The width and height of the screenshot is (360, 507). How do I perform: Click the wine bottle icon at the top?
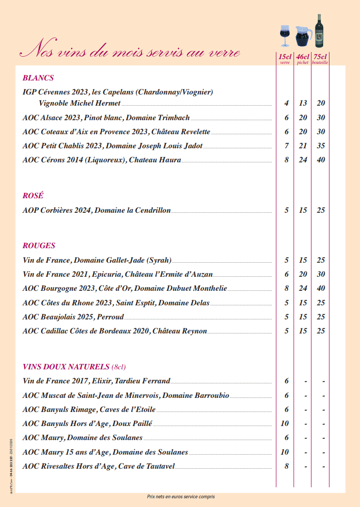[319, 31]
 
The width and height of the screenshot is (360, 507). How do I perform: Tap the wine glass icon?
[285, 35]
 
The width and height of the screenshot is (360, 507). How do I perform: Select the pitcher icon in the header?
[303, 36]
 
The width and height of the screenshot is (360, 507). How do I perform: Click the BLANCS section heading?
[38, 78]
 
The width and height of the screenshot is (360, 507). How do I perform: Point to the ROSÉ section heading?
[33, 196]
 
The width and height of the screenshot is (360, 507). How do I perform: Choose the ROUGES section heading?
[39, 246]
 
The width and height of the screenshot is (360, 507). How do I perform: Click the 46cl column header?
[303, 57]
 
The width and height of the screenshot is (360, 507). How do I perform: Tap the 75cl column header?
[320, 57]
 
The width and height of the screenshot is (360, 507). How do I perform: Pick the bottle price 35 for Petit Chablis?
[321, 146]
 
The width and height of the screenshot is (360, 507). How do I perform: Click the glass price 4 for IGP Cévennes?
[286, 103]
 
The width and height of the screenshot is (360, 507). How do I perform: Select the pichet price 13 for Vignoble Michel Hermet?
[303, 103]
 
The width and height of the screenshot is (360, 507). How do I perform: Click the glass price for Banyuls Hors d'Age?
[285, 424]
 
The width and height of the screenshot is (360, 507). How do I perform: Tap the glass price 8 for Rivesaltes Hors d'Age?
[286, 466]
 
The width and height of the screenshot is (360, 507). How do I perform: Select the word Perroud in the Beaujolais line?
[110, 317]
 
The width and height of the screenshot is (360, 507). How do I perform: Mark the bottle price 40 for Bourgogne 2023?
[321, 288]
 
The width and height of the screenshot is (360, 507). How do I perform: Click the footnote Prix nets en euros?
[181, 497]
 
